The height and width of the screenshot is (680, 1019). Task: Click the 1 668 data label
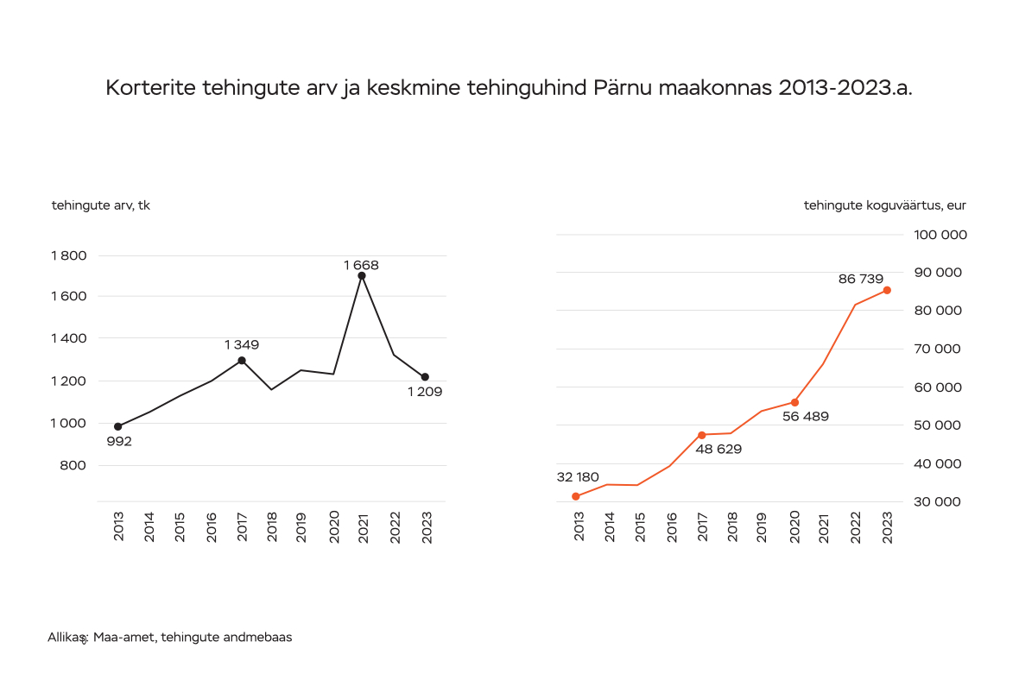click(361, 265)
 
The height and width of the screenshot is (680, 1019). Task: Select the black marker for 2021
click(362, 276)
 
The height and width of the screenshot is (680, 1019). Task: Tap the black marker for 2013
click(118, 426)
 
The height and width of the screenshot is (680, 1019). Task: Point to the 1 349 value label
click(242, 345)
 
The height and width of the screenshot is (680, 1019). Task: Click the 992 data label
click(119, 442)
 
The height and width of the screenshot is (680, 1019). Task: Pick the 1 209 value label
click(425, 392)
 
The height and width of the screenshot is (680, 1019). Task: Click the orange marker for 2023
click(887, 290)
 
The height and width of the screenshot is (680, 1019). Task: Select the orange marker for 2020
click(794, 402)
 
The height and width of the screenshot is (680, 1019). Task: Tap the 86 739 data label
click(861, 279)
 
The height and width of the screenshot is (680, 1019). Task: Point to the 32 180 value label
click(578, 477)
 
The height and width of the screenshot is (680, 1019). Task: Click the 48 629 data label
click(718, 449)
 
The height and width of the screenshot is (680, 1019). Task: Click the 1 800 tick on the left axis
click(69, 255)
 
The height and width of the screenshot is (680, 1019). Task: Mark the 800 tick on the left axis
click(74, 465)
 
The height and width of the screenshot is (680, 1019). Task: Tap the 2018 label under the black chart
click(271, 526)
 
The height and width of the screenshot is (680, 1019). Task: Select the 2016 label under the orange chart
click(671, 526)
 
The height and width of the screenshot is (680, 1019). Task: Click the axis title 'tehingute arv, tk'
click(101, 205)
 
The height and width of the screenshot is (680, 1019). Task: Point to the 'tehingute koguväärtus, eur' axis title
click(884, 205)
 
